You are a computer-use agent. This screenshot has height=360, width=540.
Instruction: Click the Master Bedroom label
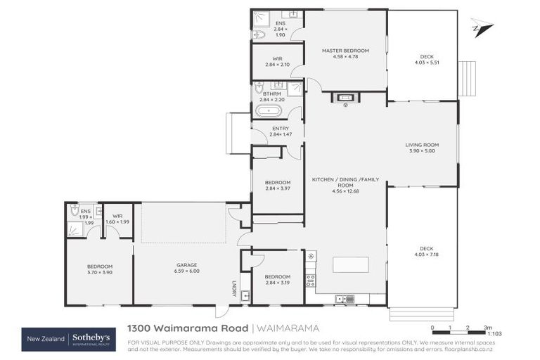click(x=345, y=51)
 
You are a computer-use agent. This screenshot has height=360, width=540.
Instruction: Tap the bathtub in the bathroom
click(x=269, y=110)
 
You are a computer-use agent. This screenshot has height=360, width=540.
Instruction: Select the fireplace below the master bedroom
click(x=345, y=98)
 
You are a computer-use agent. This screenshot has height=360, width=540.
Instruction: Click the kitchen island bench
click(x=350, y=265)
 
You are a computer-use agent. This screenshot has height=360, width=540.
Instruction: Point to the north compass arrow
click(x=482, y=28)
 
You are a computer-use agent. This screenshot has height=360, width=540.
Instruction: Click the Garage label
click(x=187, y=266)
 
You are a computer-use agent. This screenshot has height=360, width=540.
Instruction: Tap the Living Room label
click(x=422, y=146)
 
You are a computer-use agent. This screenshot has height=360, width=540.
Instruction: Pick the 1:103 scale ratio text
click(x=494, y=334)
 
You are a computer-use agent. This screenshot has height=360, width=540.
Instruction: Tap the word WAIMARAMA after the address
click(x=287, y=328)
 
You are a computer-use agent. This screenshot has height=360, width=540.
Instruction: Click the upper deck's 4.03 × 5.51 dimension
click(x=426, y=63)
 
